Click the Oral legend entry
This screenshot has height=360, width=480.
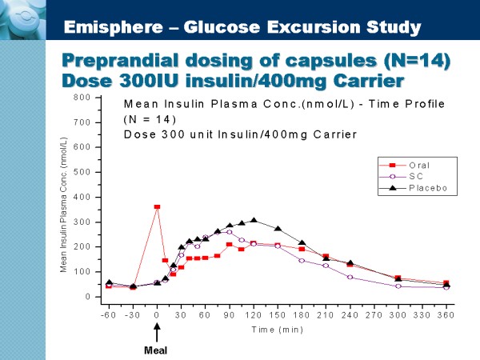(x=406, y=166)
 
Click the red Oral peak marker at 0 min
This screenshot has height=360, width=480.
(x=157, y=207)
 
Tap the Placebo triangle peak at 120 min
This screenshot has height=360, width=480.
(x=254, y=220)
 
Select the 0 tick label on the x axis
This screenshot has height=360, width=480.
(x=157, y=314)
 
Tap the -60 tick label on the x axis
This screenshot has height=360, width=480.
(x=108, y=314)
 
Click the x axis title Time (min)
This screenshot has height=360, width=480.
(x=277, y=329)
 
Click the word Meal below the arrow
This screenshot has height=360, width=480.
(x=155, y=350)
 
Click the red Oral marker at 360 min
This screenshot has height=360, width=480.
(x=446, y=283)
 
